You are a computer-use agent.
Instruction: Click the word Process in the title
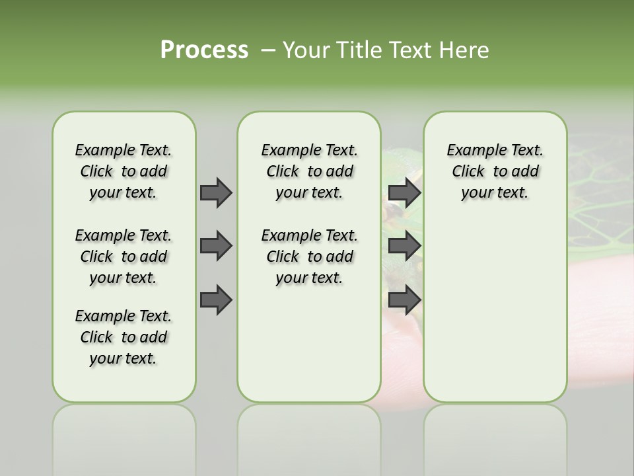[x=204, y=50]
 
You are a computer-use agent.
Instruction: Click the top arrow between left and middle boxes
[x=216, y=192]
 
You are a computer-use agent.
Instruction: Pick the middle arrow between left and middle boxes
[x=216, y=246]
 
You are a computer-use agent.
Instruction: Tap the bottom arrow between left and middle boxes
[x=216, y=300]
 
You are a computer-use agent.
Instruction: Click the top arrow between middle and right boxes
[x=404, y=192]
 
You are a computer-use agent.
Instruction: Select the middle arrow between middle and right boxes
[x=404, y=246]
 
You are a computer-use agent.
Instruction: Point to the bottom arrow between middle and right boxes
[x=404, y=300]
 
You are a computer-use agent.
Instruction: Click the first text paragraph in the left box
[x=123, y=171]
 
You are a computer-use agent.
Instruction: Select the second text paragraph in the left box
[x=123, y=257]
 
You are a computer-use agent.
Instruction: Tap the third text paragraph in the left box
[x=123, y=337]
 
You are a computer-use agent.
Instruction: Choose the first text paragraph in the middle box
[x=309, y=171]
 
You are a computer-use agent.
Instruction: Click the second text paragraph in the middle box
[x=309, y=257]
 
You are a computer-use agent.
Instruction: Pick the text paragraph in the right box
[x=495, y=171]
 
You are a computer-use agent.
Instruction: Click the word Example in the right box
[x=471, y=151]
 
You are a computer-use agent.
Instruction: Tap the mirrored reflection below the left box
[x=124, y=436]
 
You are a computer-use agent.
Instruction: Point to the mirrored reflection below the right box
[x=495, y=436]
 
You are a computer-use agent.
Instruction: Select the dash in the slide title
[x=269, y=50]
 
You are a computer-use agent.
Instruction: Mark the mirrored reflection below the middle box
[x=309, y=436]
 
